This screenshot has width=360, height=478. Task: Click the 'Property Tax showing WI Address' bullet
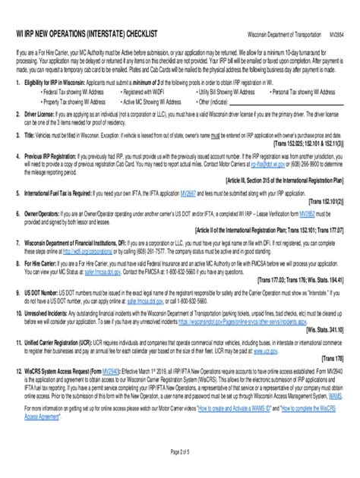click(x=76, y=99)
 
